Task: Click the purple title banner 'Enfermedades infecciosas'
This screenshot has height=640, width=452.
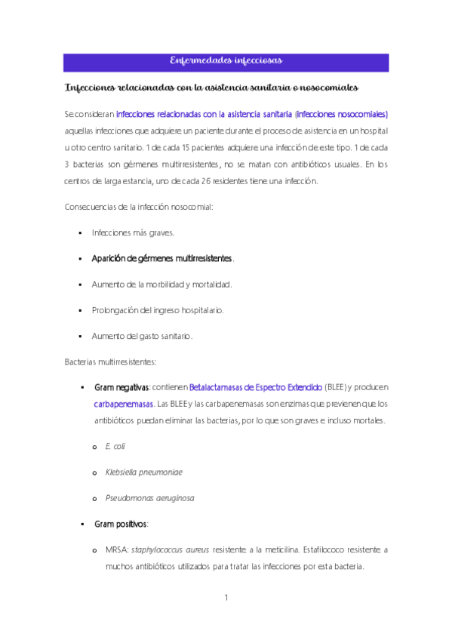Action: (x=226, y=60)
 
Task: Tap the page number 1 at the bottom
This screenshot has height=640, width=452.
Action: (x=226, y=598)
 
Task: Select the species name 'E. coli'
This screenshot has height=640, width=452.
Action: (x=115, y=447)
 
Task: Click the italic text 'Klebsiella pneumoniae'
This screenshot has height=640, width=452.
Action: (x=143, y=472)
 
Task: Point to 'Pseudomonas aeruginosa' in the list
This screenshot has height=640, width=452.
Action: (x=149, y=498)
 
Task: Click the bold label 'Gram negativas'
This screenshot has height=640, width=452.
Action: (x=121, y=387)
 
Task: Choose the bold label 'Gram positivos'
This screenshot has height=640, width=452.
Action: (x=121, y=524)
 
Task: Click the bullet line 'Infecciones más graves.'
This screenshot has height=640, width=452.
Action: (x=133, y=233)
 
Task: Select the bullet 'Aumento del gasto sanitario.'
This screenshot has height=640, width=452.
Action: (x=142, y=336)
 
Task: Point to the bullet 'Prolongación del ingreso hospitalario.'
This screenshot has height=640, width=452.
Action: (x=157, y=310)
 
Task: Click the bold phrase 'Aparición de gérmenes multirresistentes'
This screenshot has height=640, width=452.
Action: (x=161, y=259)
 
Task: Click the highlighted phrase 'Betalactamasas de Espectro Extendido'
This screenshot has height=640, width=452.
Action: (x=256, y=387)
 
